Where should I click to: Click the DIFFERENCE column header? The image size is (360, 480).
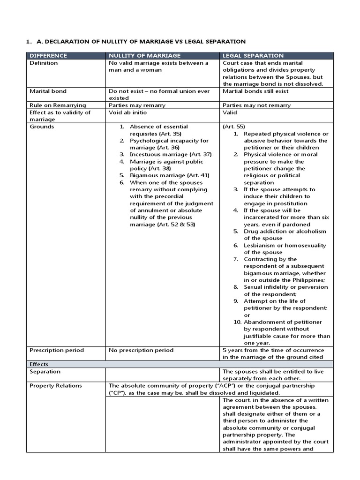(48, 55)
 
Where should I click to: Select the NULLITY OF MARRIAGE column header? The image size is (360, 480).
(139, 55)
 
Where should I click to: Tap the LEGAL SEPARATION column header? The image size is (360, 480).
(253, 55)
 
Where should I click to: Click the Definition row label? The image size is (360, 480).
(44, 63)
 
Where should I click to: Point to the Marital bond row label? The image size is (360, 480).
(48, 91)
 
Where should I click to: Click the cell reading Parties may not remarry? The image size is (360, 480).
(256, 105)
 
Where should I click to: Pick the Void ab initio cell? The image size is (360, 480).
(127, 112)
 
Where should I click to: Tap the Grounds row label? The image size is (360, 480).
(42, 127)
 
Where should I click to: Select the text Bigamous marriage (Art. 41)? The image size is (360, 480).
(169, 175)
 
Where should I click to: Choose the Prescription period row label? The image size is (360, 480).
(57, 350)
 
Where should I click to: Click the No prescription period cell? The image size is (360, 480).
(141, 350)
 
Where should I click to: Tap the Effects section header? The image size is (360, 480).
(39, 364)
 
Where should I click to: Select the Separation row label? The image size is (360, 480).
(45, 371)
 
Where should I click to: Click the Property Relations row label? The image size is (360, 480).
(55, 385)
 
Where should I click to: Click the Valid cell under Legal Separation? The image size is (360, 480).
(230, 112)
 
